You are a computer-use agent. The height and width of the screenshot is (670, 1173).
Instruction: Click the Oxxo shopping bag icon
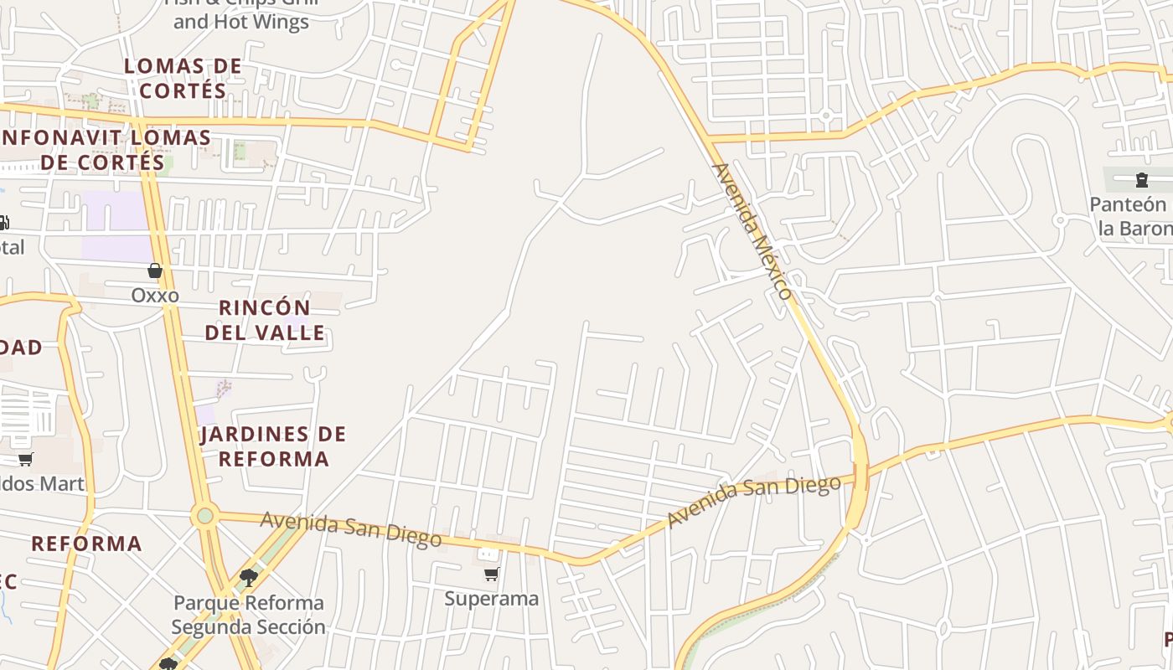[155, 271]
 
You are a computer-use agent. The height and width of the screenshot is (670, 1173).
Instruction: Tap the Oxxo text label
[155, 296]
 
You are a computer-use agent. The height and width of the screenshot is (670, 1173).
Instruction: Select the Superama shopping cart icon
[492, 575]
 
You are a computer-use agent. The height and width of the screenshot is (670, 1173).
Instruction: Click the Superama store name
[492, 599]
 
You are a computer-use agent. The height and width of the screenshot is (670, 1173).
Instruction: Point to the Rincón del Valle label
[265, 320]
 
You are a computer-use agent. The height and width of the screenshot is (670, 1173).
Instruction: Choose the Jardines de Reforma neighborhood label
[273, 446]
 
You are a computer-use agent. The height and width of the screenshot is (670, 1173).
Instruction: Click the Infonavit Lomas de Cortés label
[105, 149]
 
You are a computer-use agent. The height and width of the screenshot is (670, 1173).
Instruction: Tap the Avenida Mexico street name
[752, 230]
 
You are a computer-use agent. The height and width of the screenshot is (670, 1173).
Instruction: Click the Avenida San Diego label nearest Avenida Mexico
[753, 500]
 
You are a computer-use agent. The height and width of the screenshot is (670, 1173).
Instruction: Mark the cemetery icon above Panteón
[1141, 180]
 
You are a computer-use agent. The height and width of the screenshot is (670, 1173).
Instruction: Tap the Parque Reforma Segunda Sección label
[248, 615]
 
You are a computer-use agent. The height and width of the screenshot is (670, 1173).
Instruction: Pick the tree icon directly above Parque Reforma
[248, 577]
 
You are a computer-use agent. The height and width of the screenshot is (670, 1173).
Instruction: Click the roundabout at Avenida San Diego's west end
[205, 516]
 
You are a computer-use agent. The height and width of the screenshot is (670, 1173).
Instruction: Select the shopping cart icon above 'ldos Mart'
[26, 459]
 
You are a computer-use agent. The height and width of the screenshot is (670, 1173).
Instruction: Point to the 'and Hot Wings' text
[241, 22]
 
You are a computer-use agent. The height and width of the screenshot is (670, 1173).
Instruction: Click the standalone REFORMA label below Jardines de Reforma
[87, 544]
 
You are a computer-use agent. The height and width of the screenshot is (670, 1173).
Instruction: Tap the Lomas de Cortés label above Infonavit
[183, 78]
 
